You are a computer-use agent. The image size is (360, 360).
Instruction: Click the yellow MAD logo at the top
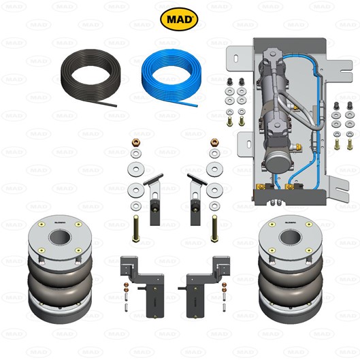click(x=179, y=19)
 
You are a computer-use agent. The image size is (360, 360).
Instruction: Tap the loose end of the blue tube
click(x=196, y=105)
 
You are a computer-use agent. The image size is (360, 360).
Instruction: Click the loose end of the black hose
click(x=116, y=105)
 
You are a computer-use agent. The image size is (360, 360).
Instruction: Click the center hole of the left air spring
click(x=60, y=238)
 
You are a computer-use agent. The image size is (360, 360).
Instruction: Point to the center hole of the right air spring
click(x=291, y=238)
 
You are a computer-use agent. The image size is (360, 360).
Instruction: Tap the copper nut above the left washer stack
click(x=136, y=143)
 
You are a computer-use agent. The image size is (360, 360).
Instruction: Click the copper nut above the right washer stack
click(x=214, y=143)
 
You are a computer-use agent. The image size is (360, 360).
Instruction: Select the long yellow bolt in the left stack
click(x=135, y=229)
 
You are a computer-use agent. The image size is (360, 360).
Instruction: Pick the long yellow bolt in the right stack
click(x=214, y=229)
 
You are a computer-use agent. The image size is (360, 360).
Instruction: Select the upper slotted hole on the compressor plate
click(x=236, y=59)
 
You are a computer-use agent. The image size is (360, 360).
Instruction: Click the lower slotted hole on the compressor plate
click(x=249, y=144)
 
